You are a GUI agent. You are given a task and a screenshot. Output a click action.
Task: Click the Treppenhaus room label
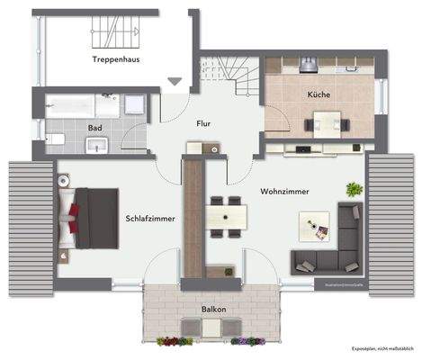[121, 59]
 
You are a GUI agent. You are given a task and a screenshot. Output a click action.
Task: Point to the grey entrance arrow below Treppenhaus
[174, 82]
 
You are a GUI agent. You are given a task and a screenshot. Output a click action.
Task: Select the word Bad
[94, 128]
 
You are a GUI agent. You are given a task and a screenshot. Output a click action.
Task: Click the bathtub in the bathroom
[76, 103]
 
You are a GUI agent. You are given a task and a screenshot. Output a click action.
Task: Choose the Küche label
[318, 94]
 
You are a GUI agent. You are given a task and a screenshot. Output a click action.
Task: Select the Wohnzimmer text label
[285, 192]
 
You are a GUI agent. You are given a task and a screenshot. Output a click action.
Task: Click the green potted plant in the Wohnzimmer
[353, 190]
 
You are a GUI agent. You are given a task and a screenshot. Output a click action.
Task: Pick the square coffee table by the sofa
[318, 229]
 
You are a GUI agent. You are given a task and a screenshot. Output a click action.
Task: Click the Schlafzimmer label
[150, 218]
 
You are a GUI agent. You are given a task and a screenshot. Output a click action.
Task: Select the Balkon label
[213, 309]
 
